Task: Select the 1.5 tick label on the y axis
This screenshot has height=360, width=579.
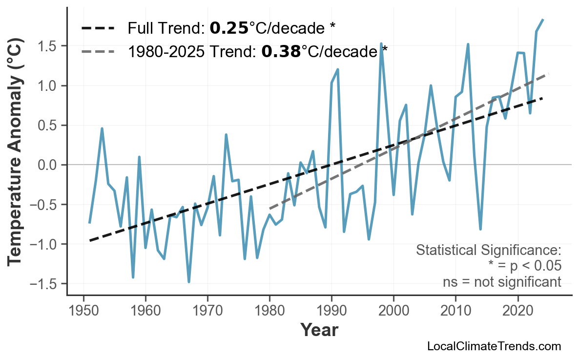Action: click(48, 46)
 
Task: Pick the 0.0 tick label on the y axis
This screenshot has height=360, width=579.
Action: click(48, 165)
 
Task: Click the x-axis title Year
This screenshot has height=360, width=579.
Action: click(319, 330)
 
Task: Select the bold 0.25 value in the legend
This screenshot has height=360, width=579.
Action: click(229, 28)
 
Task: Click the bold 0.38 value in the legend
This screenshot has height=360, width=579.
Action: click(281, 51)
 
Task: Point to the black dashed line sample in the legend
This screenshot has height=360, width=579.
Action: click(98, 28)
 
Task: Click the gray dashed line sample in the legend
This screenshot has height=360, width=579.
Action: click(98, 51)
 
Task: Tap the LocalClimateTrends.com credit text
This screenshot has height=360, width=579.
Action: click(494, 346)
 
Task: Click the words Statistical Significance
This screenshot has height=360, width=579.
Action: click(488, 250)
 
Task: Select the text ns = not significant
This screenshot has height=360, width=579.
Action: click(501, 282)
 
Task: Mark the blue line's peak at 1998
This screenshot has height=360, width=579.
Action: click(381, 44)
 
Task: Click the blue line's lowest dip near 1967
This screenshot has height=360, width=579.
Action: click(189, 282)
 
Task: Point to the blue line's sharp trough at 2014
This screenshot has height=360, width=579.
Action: click(480, 229)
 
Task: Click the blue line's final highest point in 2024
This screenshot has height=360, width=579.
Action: click(543, 20)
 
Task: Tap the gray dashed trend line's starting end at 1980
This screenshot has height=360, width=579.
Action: click(270, 209)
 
